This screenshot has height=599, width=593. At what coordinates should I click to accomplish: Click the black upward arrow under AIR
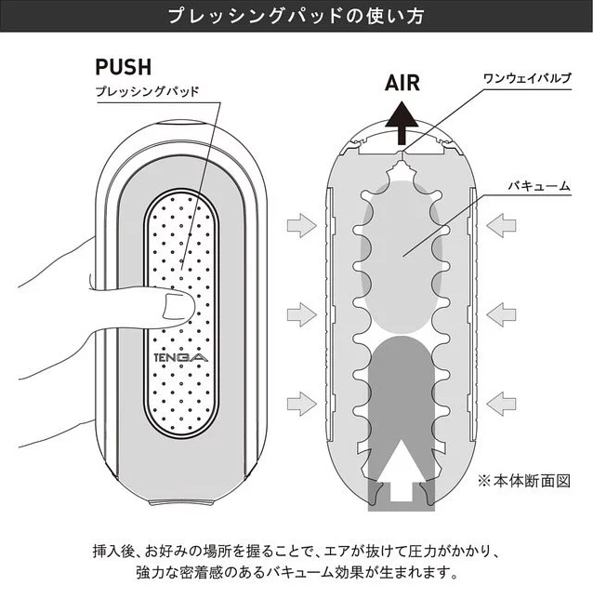click(402, 120)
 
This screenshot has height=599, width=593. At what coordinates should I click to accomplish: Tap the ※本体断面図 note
click(522, 481)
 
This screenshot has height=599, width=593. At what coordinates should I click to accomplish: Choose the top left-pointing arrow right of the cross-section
click(502, 224)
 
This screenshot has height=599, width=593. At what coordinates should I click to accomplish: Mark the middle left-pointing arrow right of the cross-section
click(502, 313)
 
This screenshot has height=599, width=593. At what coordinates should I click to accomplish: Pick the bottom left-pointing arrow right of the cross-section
click(502, 402)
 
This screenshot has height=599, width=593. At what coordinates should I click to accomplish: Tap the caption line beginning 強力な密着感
click(296, 571)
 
